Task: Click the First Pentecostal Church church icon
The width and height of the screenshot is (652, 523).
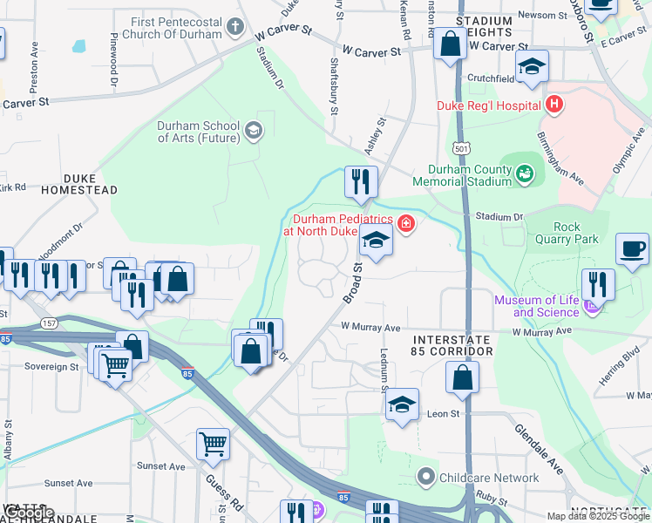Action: (x=234, y=26)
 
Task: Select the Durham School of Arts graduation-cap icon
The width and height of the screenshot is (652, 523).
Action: (x=253, y=131)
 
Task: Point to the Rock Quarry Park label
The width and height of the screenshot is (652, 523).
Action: (x=567, y=233)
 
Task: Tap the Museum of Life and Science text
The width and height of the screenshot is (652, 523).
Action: (x=536, y=306)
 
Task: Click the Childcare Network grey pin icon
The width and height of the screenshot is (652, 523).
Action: (x=426, y=477)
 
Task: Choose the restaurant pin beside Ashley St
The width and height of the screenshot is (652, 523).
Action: (x=361, y=182)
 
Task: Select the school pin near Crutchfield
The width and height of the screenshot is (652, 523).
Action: (x=531, y=66)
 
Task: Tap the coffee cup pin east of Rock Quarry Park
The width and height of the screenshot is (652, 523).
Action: (x=632, y=248)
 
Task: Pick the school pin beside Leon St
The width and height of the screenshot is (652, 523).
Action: (x=402, y=404)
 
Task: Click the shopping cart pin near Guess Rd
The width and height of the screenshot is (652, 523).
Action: (x=213, y=445)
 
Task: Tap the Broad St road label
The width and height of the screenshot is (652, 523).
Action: (x=353, y=284)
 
